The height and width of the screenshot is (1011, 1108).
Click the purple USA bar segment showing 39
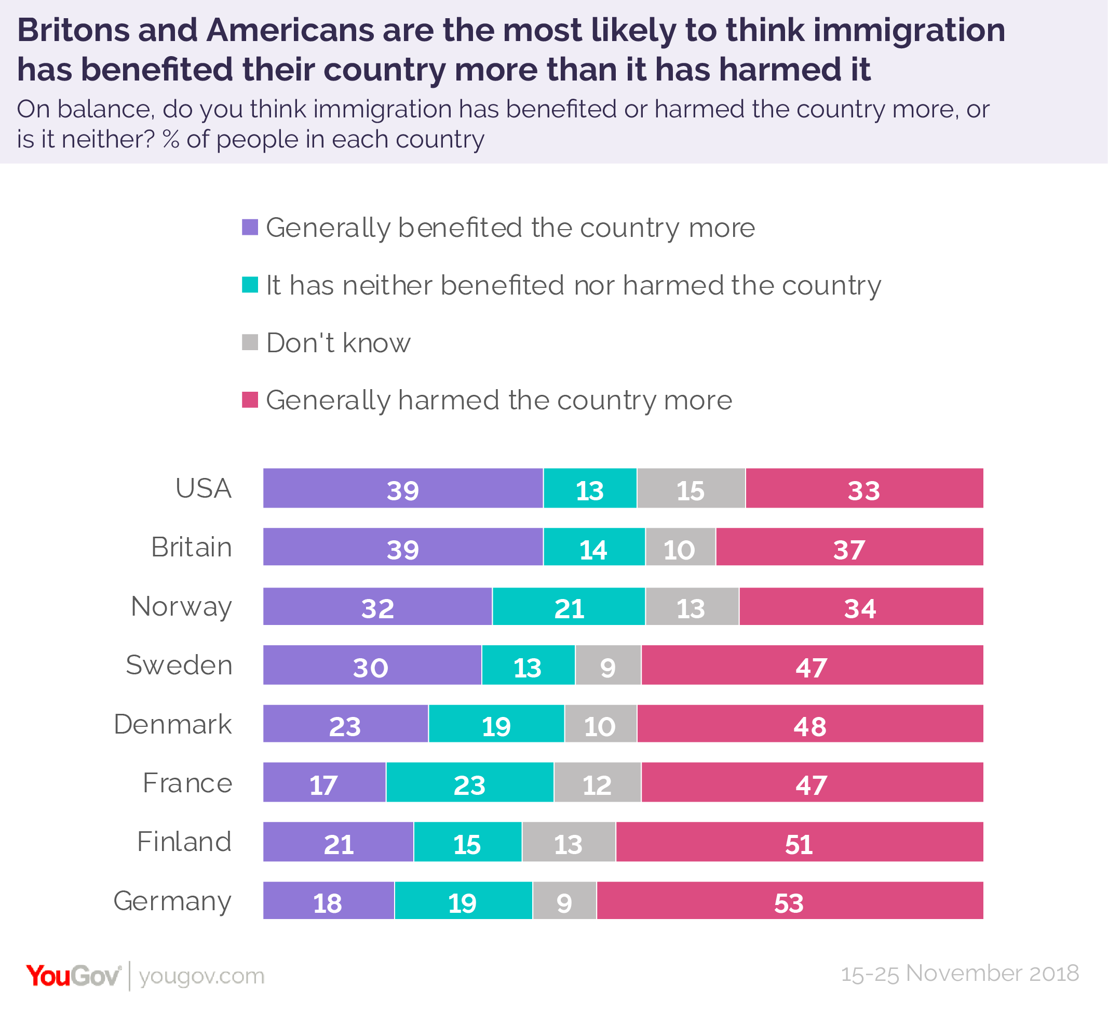(x=403, y=488)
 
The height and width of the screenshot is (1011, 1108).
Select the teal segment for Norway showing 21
(x=569, y=607)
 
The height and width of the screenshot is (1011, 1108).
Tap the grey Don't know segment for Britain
(x=680, y=547)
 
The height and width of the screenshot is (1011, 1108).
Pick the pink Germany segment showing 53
(x=790, y=901)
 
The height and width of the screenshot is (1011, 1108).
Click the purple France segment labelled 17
(x=325, y=783)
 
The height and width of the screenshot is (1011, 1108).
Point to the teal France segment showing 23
(x=470, y=783)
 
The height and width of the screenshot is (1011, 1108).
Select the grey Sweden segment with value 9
(x=608, y=666)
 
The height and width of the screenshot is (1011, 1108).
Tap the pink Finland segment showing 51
(x=799, y=842)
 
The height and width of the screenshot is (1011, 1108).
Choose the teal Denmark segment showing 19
(x=496, y=724)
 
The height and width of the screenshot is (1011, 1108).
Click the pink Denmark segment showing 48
(x=810, y=724)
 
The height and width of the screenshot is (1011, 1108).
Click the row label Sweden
(x=179, y=666)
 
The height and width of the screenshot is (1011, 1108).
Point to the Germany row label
(x=172, y=901)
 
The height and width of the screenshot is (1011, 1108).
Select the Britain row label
(x=191, y=547)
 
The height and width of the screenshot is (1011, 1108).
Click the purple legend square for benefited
(x=250, y=227)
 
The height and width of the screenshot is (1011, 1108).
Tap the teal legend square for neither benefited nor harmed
(x=250, y=285)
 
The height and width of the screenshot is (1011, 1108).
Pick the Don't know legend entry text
(x=338, y=343)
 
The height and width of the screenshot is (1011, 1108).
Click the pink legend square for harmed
(x=250, y=400)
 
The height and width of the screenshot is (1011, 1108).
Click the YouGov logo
(x=73, y=976)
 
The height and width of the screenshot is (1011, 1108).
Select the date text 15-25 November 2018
(x=960, y=973)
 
